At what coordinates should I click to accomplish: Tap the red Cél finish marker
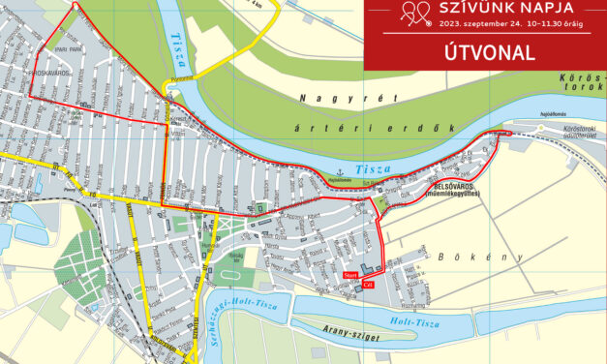354,285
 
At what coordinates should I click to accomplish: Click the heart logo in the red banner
415,12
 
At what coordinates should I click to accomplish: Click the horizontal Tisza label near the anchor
371,169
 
